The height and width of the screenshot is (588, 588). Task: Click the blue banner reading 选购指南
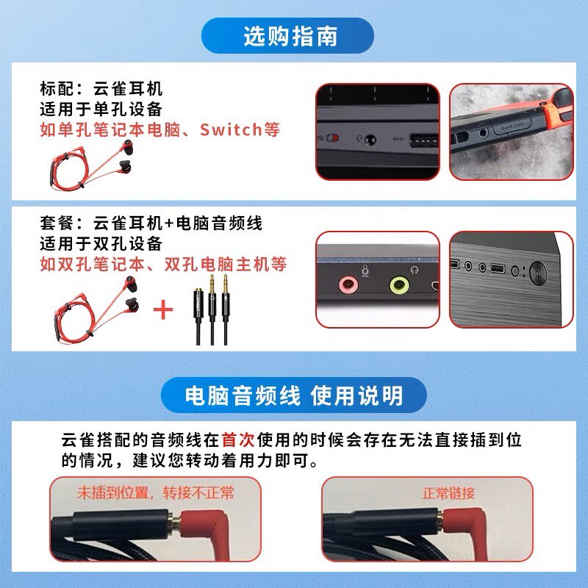click(287, 35)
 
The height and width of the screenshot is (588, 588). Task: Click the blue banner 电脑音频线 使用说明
click(293, 395)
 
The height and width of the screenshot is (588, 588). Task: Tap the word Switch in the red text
click(231, 130)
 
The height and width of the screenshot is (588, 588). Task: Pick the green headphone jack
click(399, 285)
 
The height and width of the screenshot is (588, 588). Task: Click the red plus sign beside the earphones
click(163, 309)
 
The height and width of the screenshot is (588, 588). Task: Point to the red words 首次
click(238, 440)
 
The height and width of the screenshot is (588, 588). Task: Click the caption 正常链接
click(448, 493)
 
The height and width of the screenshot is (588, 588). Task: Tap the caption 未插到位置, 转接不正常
click(156, 492)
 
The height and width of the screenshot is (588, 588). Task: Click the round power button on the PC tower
click(538, 272)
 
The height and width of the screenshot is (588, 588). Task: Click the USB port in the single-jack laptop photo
click(424, 140)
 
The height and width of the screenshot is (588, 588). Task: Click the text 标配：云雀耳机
click(101, 89)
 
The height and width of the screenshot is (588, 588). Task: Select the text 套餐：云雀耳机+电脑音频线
click(151, 223)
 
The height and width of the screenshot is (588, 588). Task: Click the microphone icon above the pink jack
click(365, 270)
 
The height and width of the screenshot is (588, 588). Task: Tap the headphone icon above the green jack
click(415, 270)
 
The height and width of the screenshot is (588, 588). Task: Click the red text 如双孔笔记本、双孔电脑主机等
click(163, 264)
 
